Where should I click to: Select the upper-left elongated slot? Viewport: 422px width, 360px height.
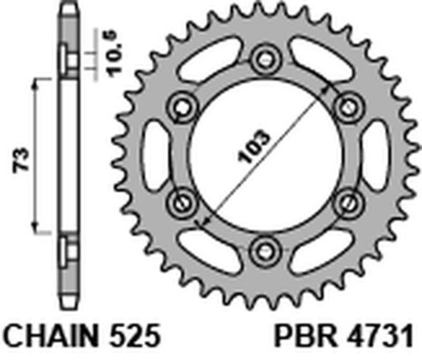pos(209,58)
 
